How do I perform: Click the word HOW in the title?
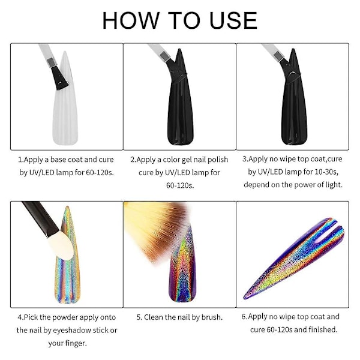131,20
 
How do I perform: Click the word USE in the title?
233,20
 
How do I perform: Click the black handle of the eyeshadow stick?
41,218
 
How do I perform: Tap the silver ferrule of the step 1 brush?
52,62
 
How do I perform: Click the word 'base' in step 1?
59,160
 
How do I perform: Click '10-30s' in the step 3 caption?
326,172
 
